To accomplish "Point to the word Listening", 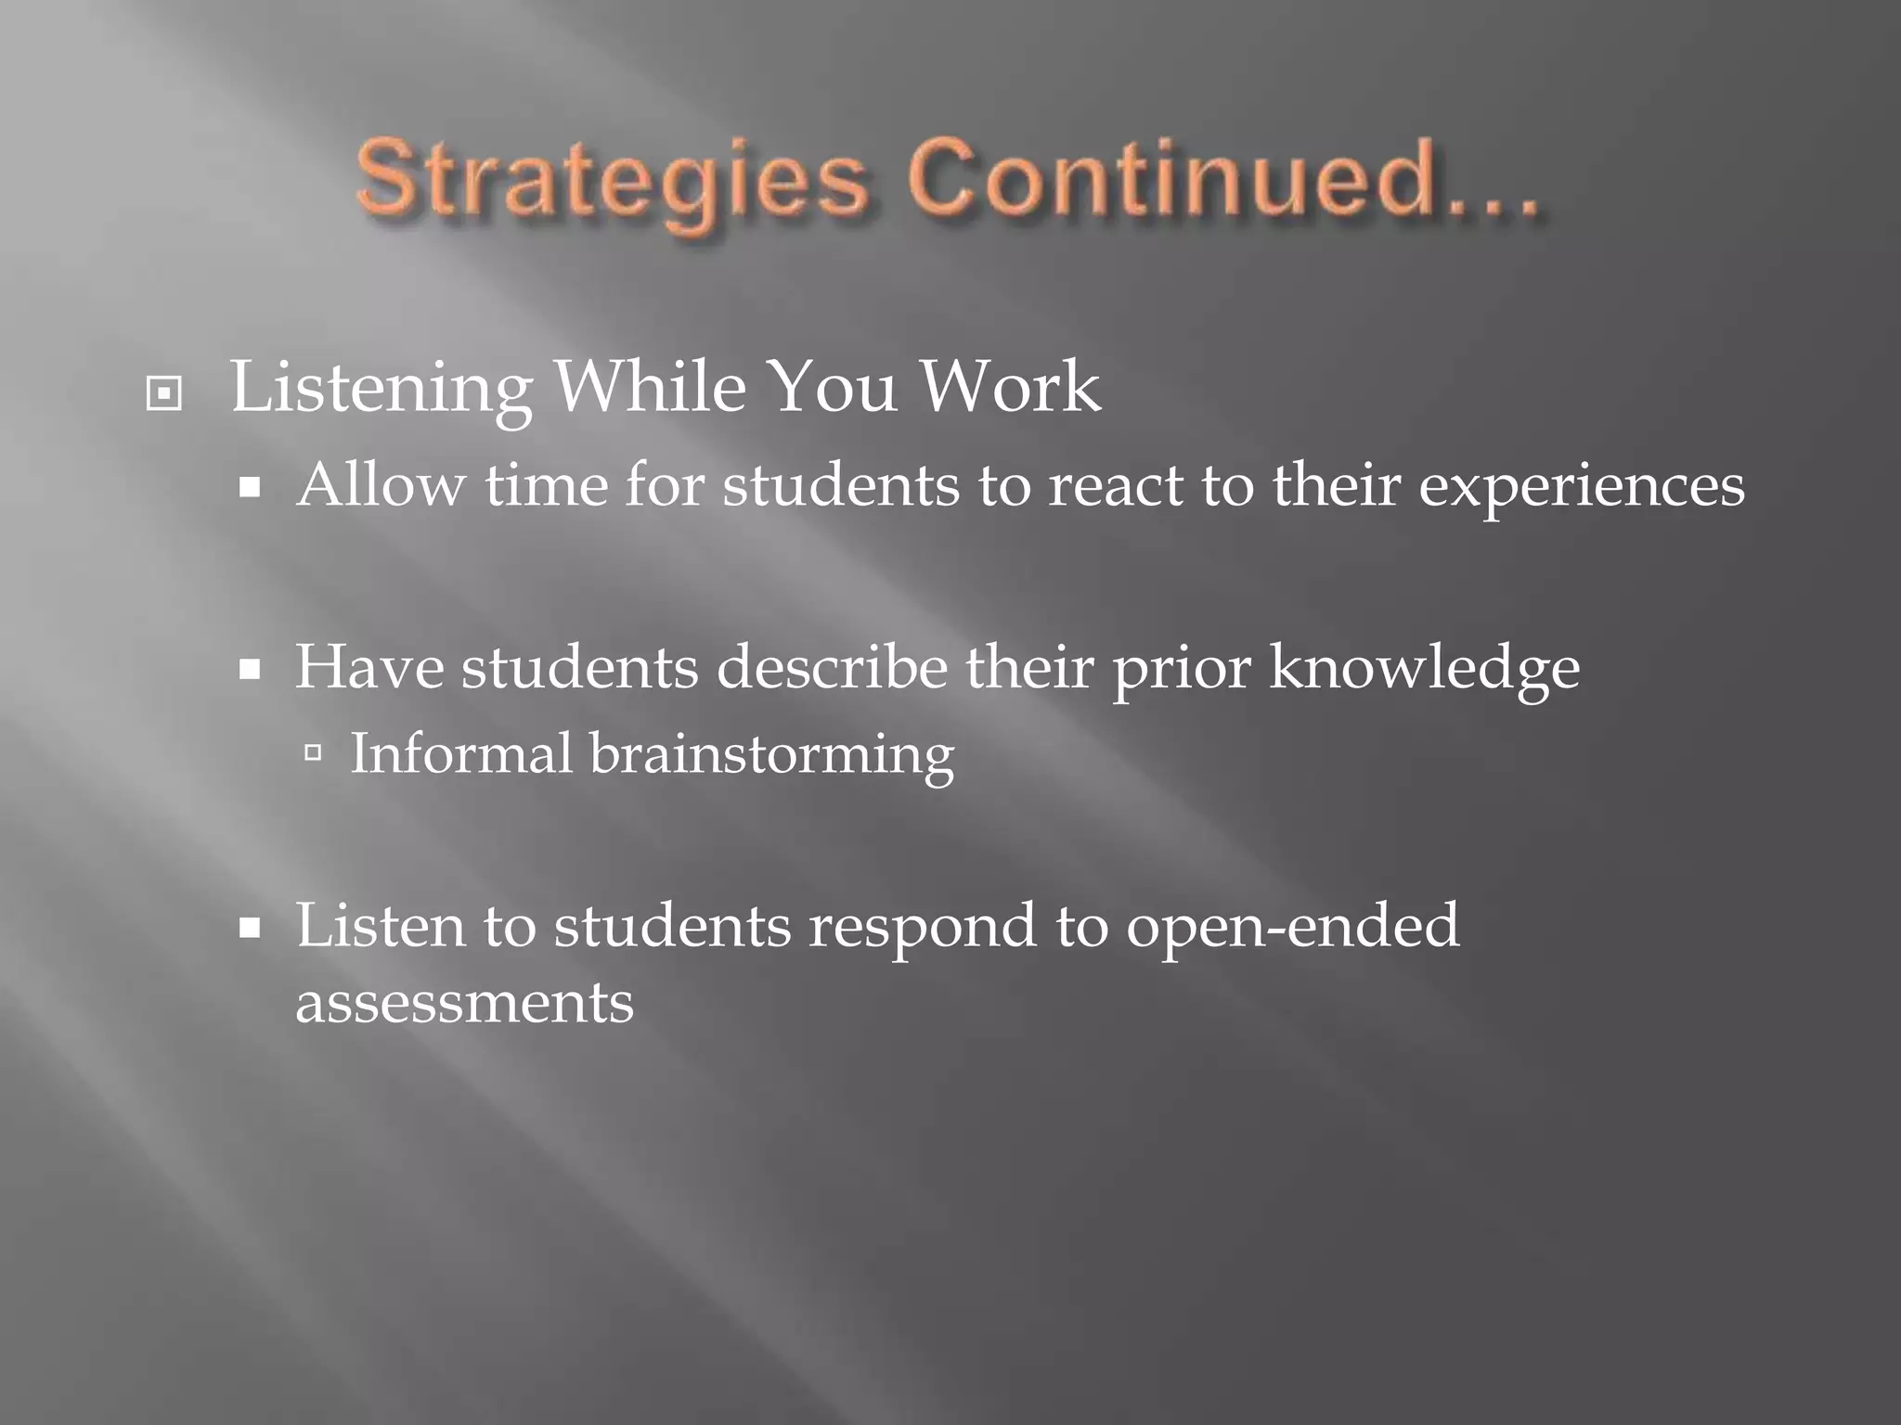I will point(381,388).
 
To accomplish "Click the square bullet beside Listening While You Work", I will point(164,394).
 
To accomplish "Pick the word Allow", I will point(381,484).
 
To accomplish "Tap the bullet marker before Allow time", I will point(249,487).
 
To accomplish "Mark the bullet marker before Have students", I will point(249,669).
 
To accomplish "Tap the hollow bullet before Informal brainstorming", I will point(313,752).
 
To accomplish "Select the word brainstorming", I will point(771,754).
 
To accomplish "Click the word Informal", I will point(460,752).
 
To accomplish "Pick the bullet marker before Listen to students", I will point(249,927).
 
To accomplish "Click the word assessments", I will point(464,1003).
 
